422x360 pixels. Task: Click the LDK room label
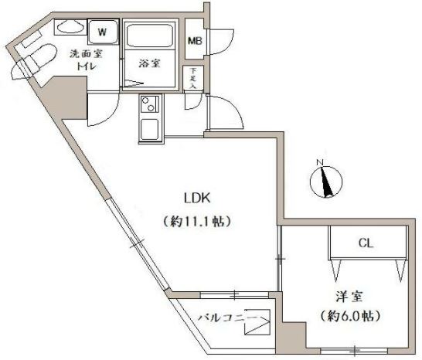click(x=197, y=199)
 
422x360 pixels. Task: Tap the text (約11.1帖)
click(x=197, y=222)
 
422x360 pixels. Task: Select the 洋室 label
click(x=349, y=297)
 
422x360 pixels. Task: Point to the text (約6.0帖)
click(x=350, y=316)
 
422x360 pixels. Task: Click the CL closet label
click(x=366, y=243)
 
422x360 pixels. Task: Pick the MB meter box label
click(x=195, y=41)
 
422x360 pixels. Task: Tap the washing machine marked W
click(x=103, y=32)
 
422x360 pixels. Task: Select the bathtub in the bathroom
click(x=149, y=36)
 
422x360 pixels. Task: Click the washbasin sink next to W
click(x=70, y=26)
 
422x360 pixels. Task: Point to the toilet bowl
click(x=40, y=56)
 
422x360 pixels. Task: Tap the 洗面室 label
click(x=86, y=54)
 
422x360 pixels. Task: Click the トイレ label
click(x=87, y=66)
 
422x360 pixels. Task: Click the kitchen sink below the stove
click(x=150, y=128)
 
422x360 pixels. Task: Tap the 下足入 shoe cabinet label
click(x=192, y=78)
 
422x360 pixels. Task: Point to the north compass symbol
click(x=326, y=182)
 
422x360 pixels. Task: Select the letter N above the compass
click(x=319, y=162)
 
